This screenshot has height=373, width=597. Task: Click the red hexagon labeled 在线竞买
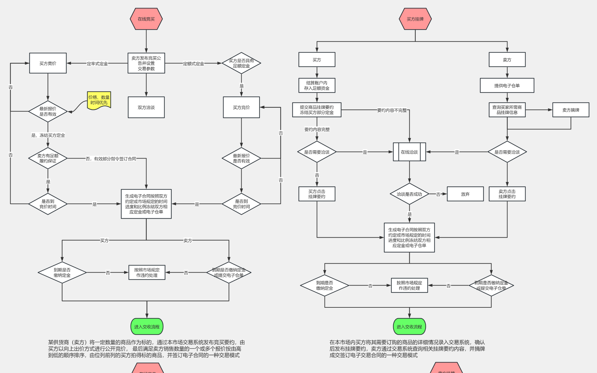[146, 19]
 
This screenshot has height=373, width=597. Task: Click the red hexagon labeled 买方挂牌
[415, 19]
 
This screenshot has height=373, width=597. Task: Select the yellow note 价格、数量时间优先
[99, 100]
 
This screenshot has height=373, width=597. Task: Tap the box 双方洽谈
[146, 107]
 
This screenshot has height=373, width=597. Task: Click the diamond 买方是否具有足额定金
[241, 63]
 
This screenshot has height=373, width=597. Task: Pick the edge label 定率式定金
[97, 64]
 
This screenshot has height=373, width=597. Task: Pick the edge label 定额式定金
[193, 64]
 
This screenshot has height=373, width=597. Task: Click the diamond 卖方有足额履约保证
[48, 158]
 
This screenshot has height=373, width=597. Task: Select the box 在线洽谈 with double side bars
[409, 152]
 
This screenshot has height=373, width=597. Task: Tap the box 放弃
[465, 194]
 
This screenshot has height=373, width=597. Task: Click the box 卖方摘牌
[571, 110]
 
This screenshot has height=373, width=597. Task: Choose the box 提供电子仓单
[507, 85]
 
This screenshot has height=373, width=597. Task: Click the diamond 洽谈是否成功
[409, 194]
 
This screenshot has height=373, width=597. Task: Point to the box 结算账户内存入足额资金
[317, 85]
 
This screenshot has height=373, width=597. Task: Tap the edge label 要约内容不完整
[392, 110]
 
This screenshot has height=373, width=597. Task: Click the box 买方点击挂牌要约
[317, 194]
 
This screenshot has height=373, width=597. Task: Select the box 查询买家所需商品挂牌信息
[507, 110]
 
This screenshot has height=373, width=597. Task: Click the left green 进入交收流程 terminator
[147, 327]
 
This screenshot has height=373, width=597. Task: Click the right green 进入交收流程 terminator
[409, 327]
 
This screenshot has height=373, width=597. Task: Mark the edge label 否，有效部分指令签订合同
[111, 159]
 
